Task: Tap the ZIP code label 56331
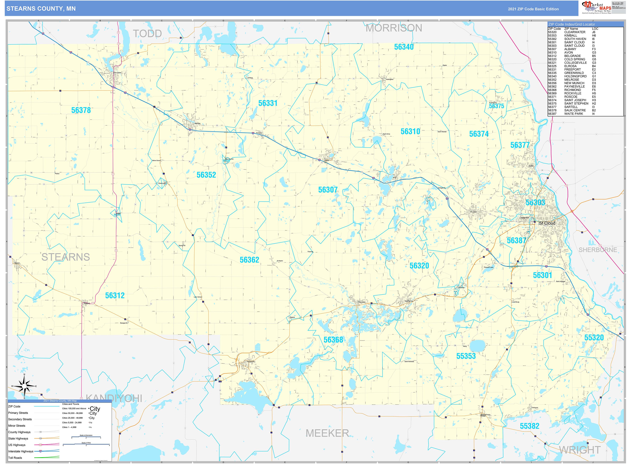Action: click(x=268, y=103)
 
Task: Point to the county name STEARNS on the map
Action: click(x=66, y=257)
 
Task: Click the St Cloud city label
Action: click(x=547, y=223)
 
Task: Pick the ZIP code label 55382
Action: click(x=529, y=426)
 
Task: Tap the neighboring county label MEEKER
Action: click(x=327, y=433)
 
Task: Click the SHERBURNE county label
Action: click(x=598, y=250)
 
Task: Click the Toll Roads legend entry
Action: click(x=15, y=458)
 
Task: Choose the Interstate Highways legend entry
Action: click(x=21, y=451)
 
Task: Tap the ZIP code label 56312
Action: click(x=115, y=296)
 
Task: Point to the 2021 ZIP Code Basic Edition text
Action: click(x=533, y=9)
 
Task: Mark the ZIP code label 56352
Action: click(x=206, y=175)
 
